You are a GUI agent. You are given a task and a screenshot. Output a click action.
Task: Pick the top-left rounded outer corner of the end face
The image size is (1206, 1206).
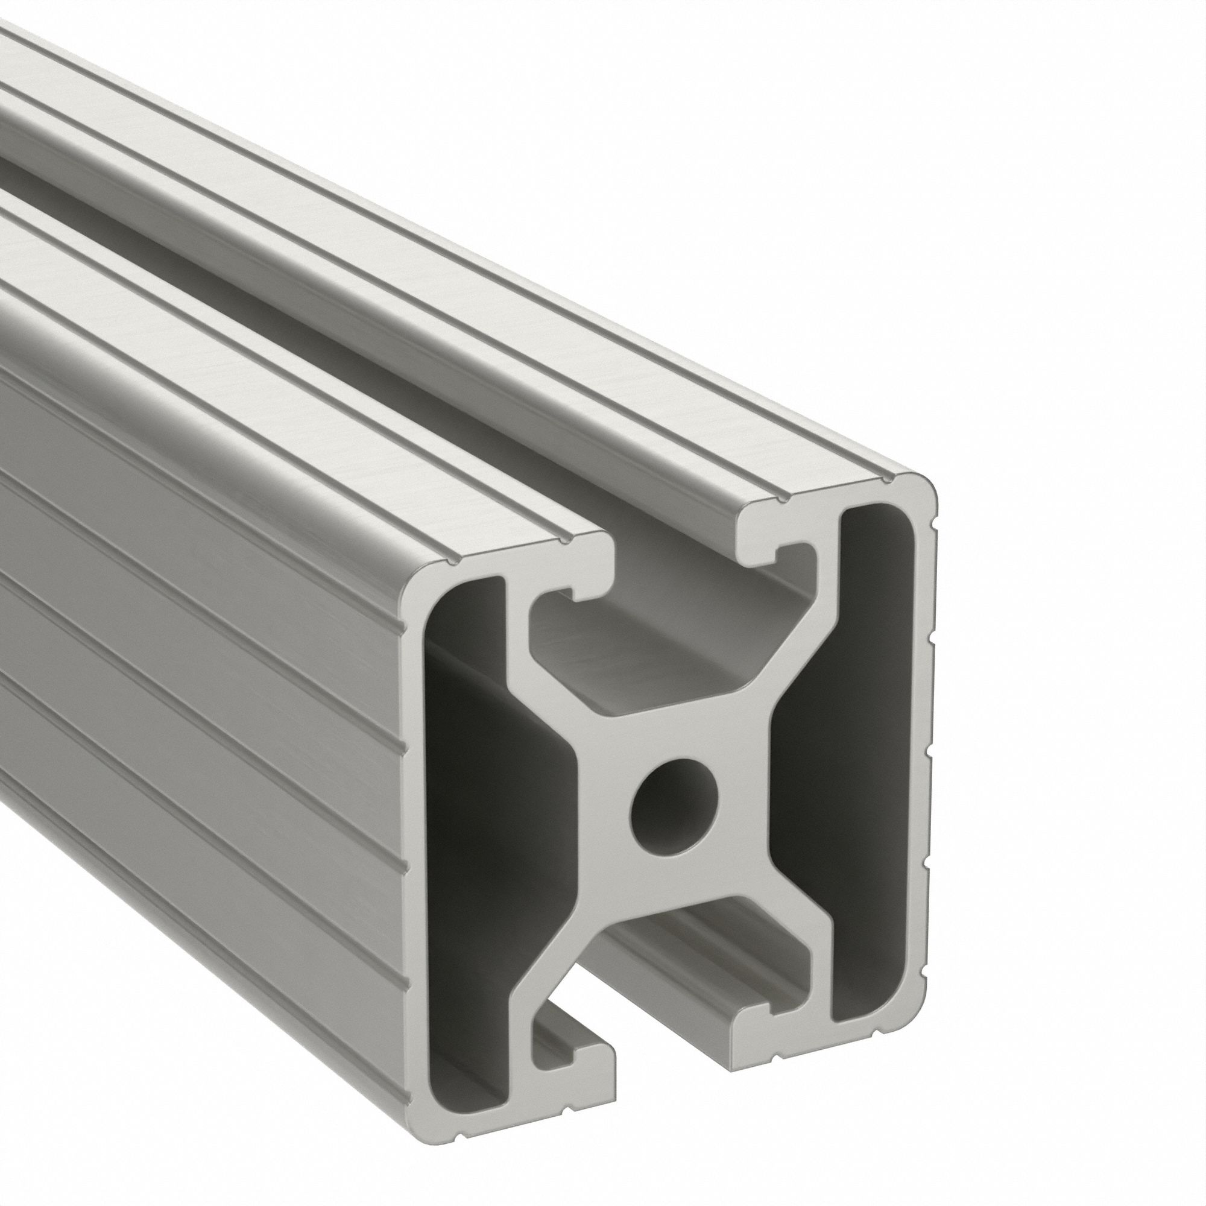[x=415, y=578]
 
